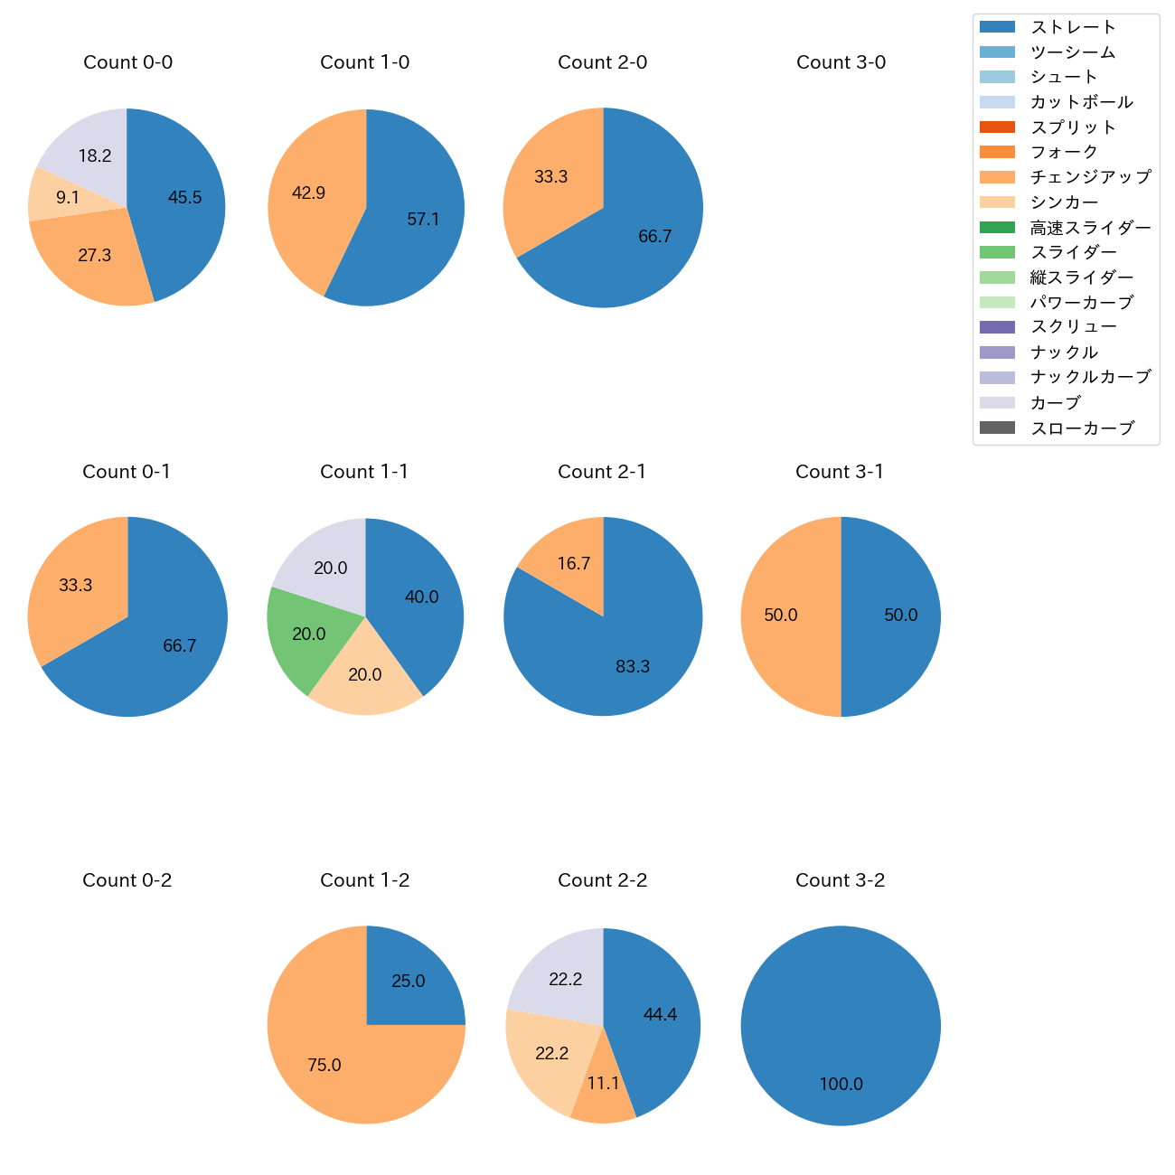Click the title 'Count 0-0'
pyautogui.click(x=127, y=62)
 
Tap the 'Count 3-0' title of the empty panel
pyautogui.click(x=841, y=62)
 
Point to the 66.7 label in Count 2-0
pyautogui.click(x=654, y=236)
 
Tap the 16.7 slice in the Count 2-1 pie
pyautogui.click(x=569, y=560)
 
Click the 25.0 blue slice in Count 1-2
pyautogui.click(x=411, y=981)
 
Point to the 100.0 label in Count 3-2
pyautogui.click(x=841, y=1084)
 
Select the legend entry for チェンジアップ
pyautogui.click(x=1090, y=177)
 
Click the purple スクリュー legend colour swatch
pyautogui.click(x=997, y=327)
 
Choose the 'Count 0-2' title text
pyautogui.click(x=127, y=880)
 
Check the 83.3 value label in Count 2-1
pyautogui.click(x=632, y=666)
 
